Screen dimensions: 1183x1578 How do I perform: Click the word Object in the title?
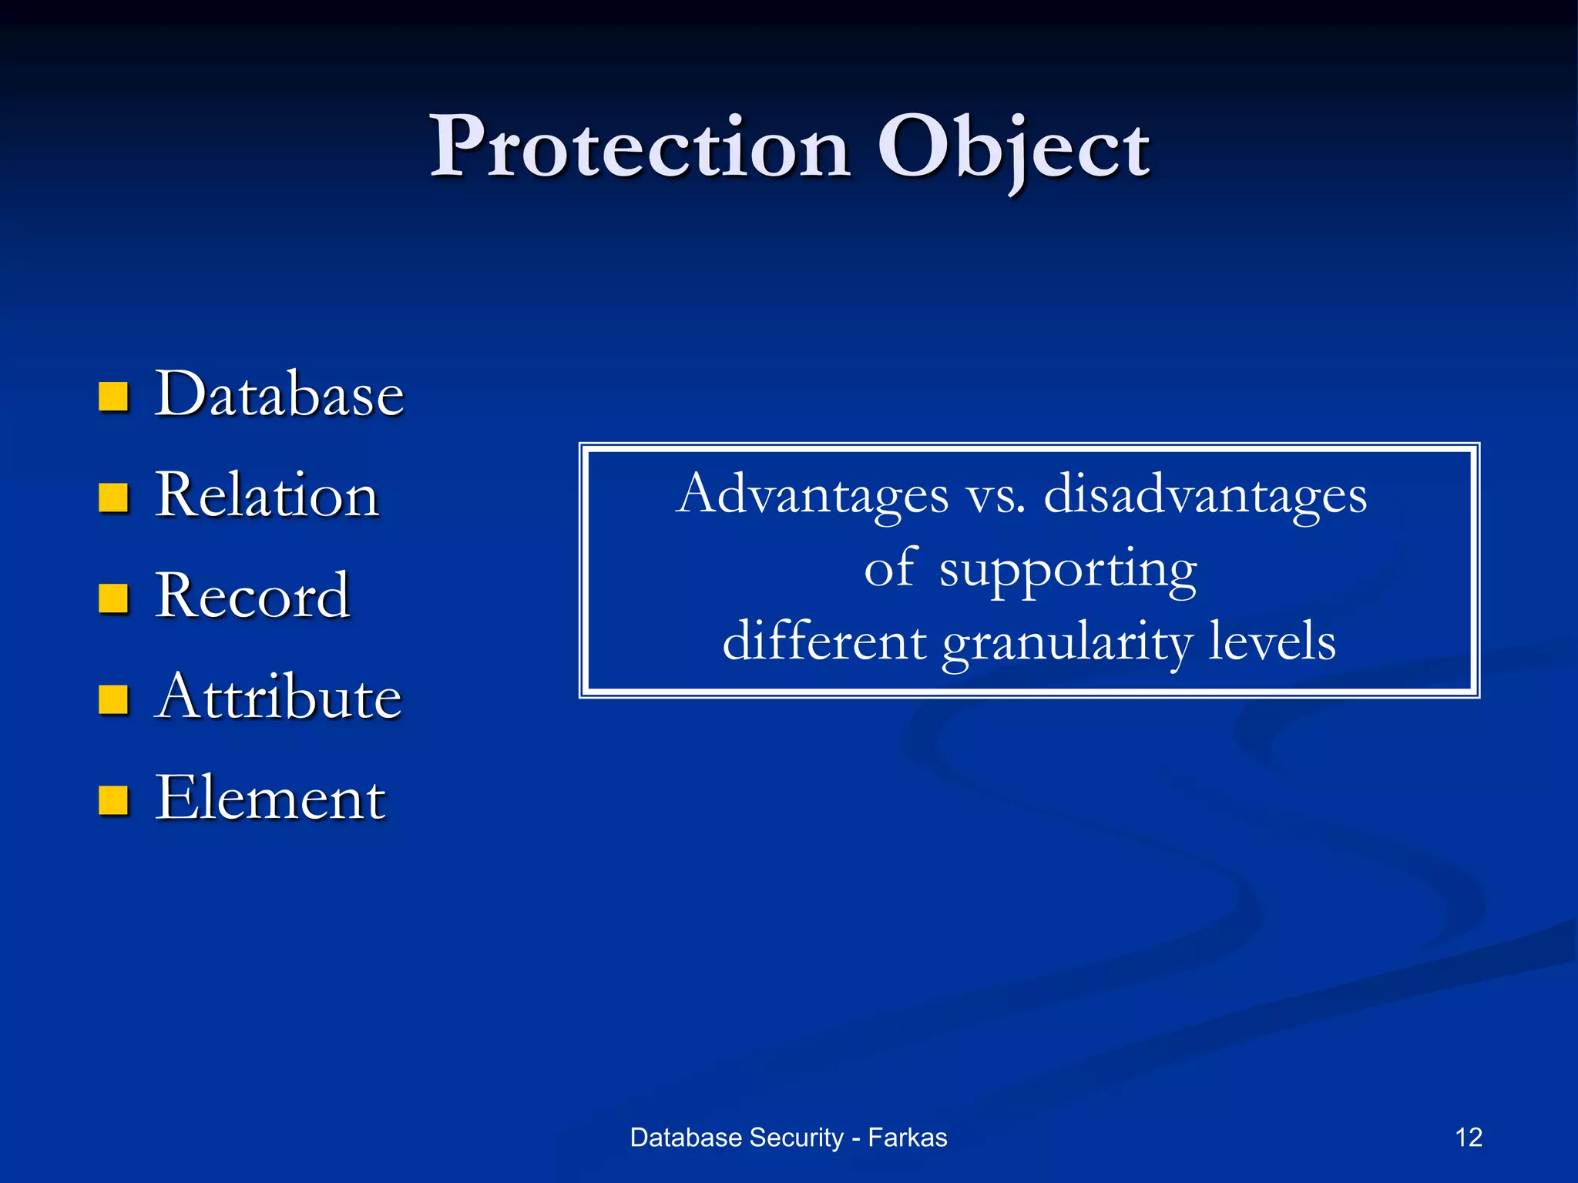point(1013,148)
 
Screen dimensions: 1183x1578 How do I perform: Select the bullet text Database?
point(279,394)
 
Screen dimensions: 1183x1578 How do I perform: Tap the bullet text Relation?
point(267,495)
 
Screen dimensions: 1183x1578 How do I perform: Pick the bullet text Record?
point(252,596)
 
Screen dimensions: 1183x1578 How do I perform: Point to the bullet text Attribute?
point(277,697)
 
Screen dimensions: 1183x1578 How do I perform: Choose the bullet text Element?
point(270,799)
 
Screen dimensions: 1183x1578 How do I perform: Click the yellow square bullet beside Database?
point(113,397)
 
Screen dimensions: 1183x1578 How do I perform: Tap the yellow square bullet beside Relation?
point(113,498)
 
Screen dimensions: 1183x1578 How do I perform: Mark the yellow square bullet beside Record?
point(113,598)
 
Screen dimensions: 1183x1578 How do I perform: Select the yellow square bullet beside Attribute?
point(113,699)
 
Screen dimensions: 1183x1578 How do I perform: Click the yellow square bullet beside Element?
point(113,800)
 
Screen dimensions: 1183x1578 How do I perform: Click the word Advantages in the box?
point(812,495)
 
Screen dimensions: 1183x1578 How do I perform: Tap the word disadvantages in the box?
point(1205,495)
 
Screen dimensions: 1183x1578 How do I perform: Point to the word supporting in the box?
point(1068,571)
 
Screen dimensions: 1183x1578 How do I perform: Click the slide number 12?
point(1469,1138)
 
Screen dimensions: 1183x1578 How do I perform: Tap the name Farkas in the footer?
point(907,1138)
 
